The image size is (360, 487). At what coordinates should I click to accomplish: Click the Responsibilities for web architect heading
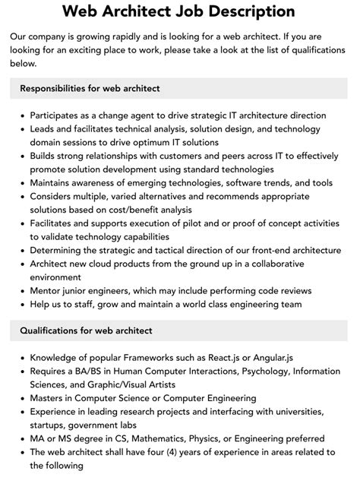click(x=89, y=88)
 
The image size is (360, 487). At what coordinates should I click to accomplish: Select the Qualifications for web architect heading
click(x=87, y=330)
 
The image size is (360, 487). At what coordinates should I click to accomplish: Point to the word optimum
click(x=134, y=142)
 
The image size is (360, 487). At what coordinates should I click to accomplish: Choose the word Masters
click(x=49, y=398)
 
